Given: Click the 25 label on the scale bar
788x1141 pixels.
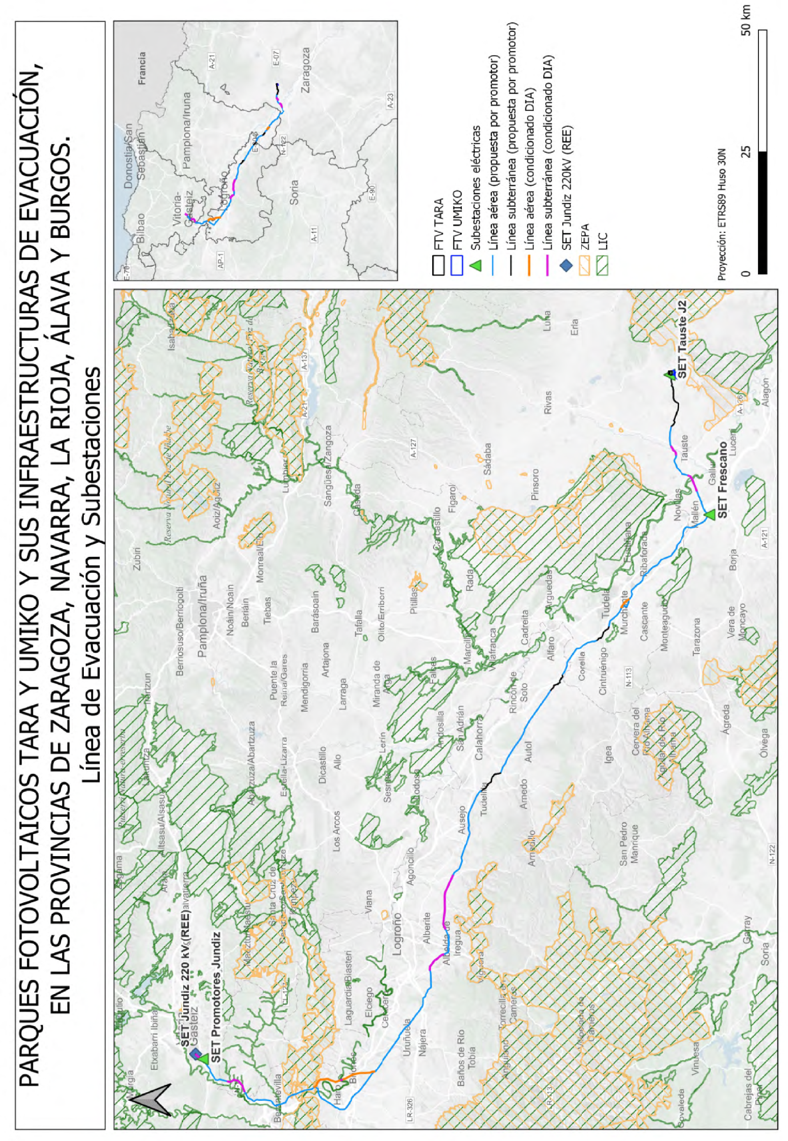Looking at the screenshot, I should coord(746,151).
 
